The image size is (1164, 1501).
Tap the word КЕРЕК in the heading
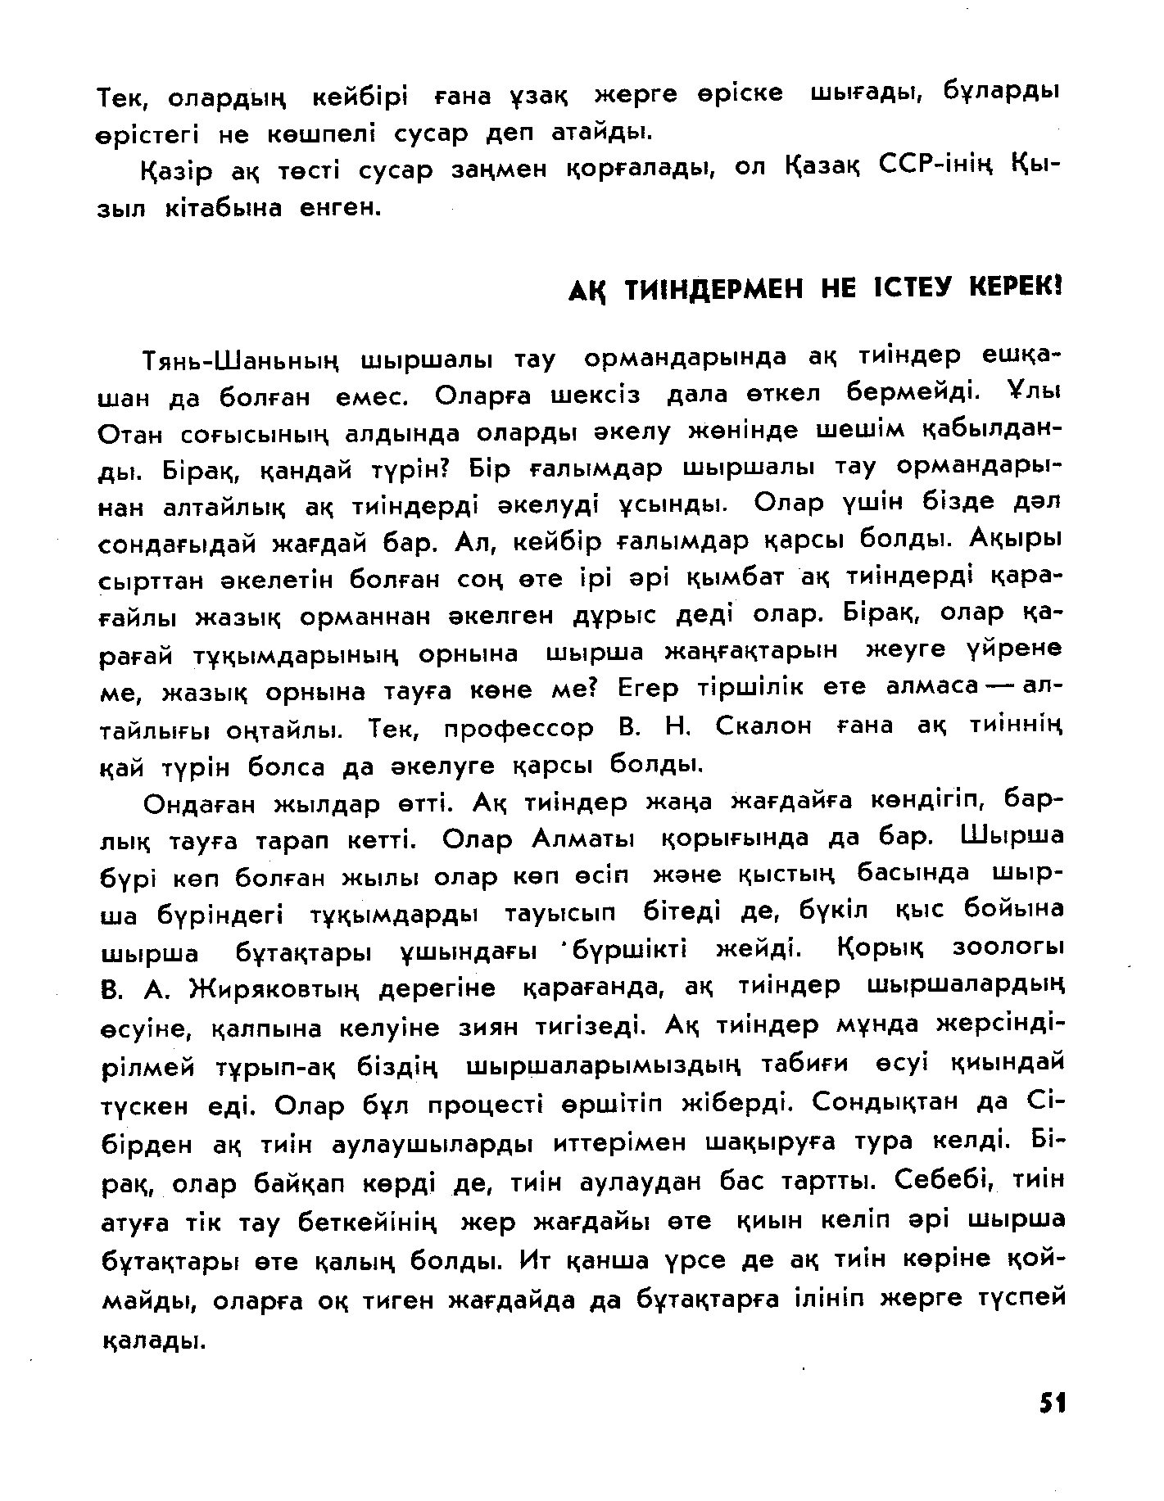pos(1014,289)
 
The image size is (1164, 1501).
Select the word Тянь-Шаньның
pos(242,360)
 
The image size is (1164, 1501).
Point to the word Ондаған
pos(197,804)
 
